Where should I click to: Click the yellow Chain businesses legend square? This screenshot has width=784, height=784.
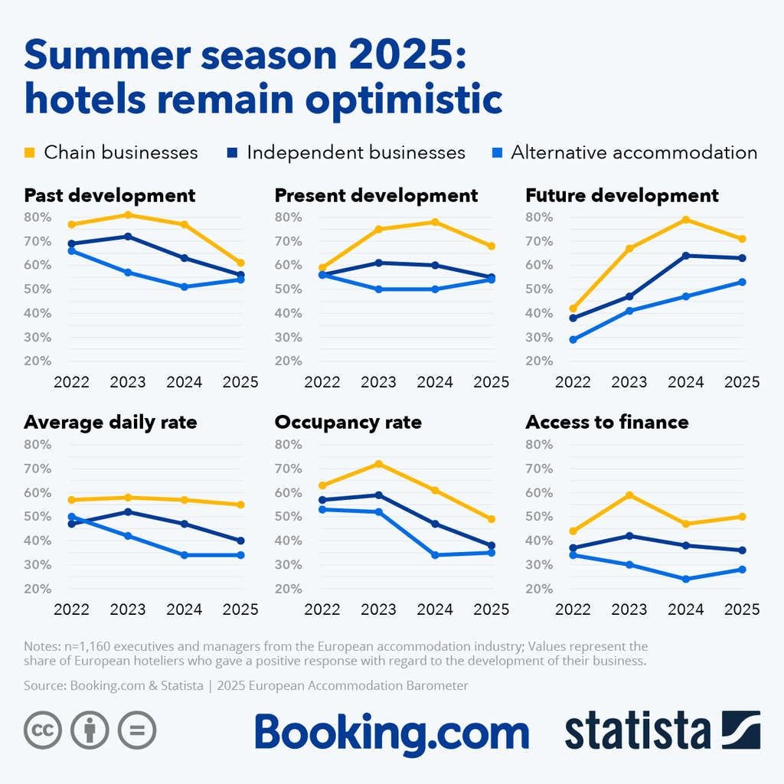pos(30,152)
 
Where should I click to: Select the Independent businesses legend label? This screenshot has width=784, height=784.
pos(356,152)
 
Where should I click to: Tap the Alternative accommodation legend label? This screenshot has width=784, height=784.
pos(634,152)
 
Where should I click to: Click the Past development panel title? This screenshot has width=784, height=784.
pos(109,195)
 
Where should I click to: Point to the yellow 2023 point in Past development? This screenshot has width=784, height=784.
pos(128,214)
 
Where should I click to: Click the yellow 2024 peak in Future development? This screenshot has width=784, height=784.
pos(686,220)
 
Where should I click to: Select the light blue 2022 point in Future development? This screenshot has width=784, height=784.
pos(573,339)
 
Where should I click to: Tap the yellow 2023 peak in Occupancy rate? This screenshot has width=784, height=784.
pos(378,464)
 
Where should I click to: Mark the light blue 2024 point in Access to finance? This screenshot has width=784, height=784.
pos(686,579)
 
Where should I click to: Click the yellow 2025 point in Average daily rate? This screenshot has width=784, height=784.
pos(240,505)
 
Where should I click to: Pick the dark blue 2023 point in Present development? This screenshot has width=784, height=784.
pos(378,263)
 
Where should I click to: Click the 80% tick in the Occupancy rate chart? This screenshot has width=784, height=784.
pos(288,445)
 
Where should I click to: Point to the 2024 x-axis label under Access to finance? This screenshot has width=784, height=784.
pos(686,610)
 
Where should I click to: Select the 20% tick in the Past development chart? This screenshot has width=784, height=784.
pos(37,361)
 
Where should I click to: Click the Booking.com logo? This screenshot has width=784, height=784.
pos(391,733)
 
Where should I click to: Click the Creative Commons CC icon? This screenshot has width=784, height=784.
pos(43,730)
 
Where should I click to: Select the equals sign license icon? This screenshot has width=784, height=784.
pos(137,730)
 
